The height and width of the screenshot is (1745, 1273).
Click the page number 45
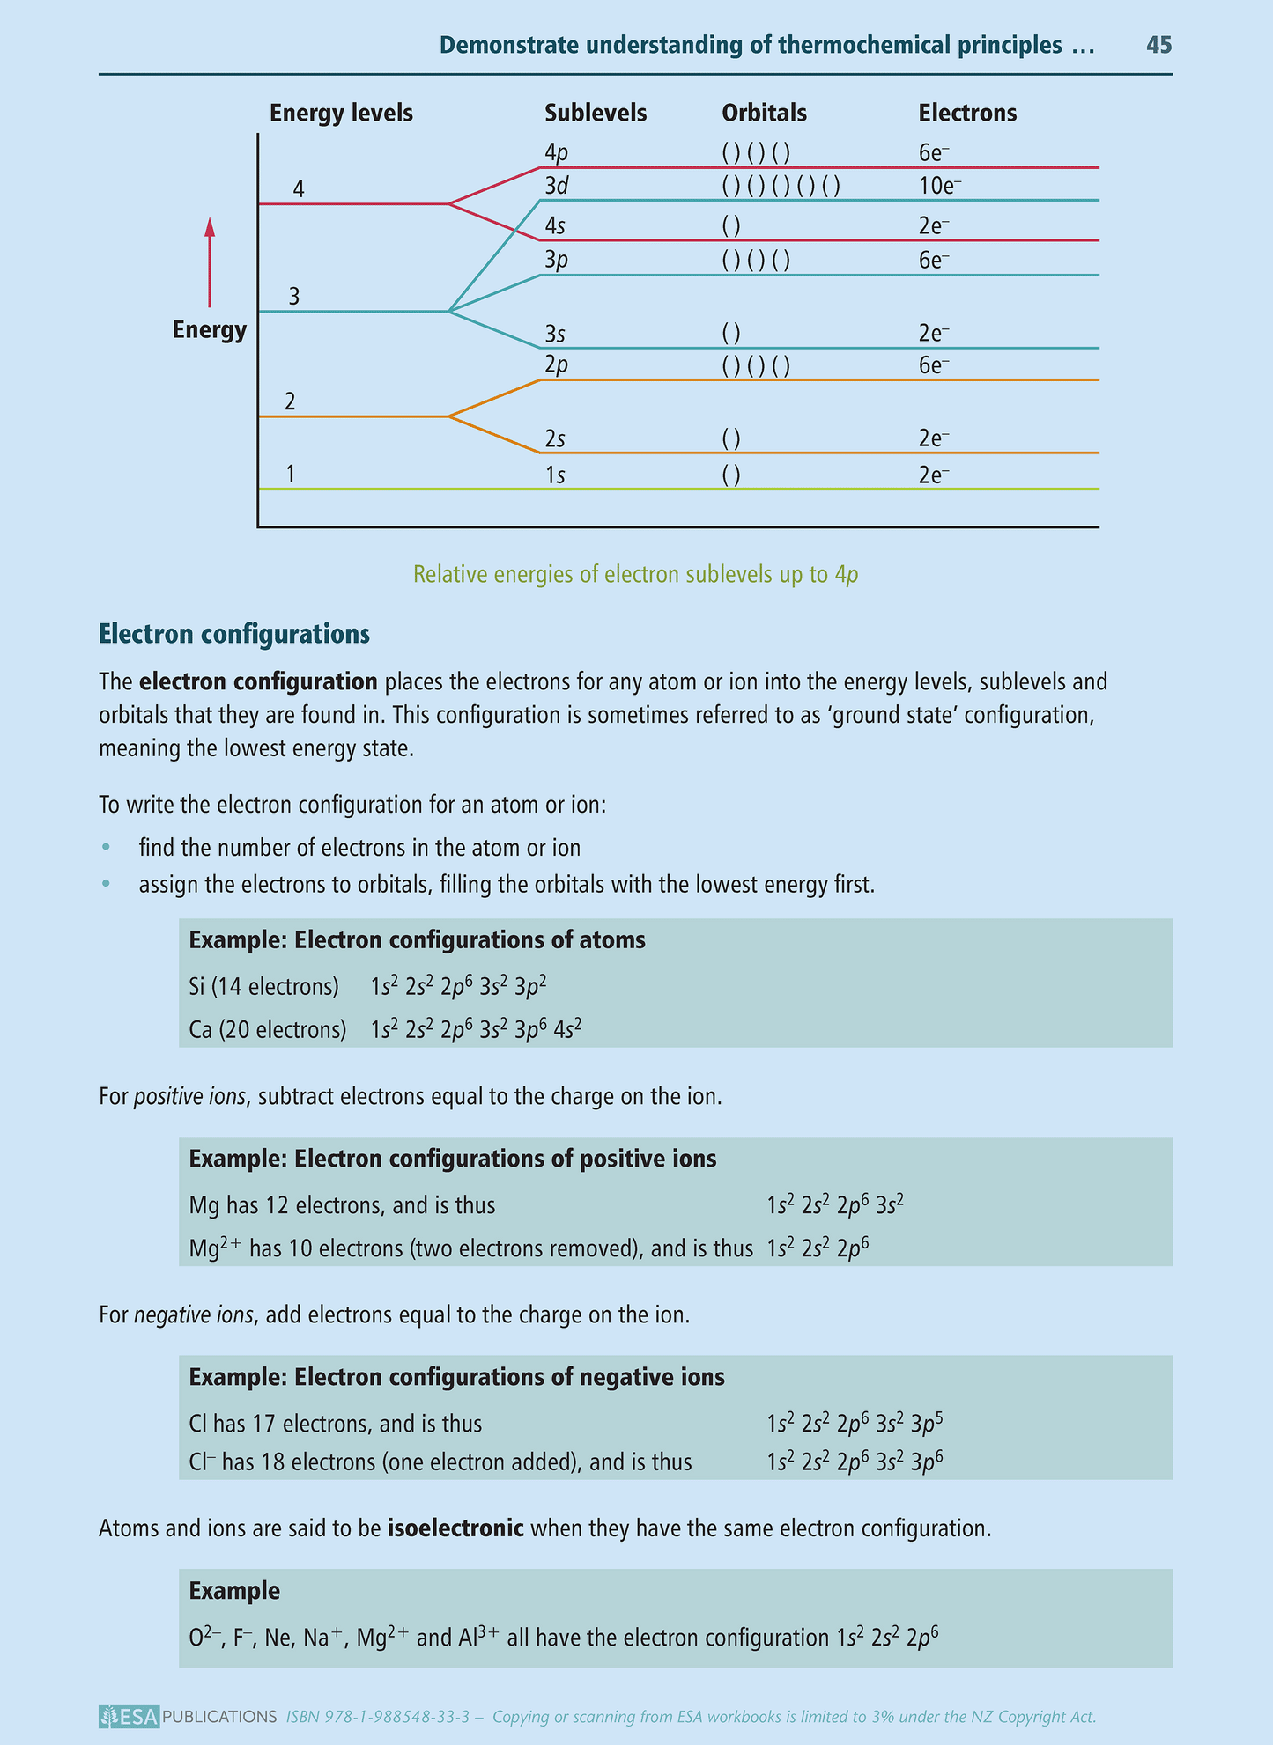[1158, 45]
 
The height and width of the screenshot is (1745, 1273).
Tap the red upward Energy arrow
[210, 263]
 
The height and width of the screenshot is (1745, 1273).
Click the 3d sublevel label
[556, 187]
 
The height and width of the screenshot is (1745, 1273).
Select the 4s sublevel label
[555, 226]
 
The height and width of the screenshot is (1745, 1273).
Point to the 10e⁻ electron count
[939, 187]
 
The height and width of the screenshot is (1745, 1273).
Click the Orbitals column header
[764, 114]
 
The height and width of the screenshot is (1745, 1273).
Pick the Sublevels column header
[596, 114]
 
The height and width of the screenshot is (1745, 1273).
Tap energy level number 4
[299, 189]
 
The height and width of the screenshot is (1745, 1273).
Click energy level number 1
[291, 475]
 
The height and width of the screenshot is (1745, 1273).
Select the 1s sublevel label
[555, 475]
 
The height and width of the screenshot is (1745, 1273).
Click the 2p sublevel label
[556, 365]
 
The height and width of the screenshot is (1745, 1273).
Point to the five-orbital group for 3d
[781, 187]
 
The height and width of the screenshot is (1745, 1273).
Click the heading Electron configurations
[234, 634]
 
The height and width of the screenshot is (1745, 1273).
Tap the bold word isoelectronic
[455, 1528]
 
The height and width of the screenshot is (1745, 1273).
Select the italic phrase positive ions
[189, 1098]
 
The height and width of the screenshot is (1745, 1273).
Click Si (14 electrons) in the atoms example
[264, 987]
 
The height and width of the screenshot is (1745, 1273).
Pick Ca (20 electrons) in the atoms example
[268, 1029]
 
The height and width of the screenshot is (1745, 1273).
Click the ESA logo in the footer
[130, 1716]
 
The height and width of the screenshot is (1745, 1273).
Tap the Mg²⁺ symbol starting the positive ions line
[215, 1248]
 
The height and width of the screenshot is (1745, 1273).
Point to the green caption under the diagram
[636, 575]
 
